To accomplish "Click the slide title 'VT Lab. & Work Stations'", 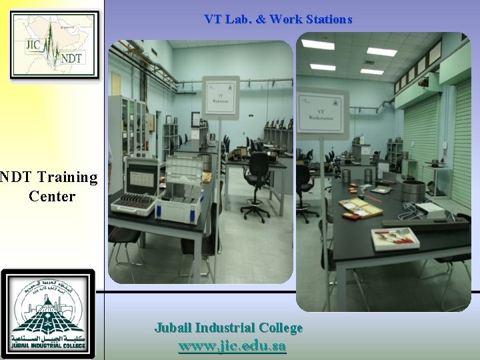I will pyautogui.click(x=278, y=20).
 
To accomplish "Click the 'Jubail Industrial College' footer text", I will pyautogui.click(x=229, y=328).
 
